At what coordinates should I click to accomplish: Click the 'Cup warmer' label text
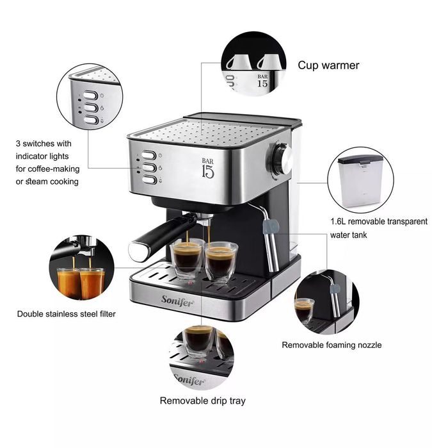[328, 65]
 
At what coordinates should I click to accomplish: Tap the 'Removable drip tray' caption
[202, 401]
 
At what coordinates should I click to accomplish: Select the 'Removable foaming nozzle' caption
[332, 345]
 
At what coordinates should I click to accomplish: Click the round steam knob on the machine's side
[281, 158]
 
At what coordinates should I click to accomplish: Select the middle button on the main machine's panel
[148, 167]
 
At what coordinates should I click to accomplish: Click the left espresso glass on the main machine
[187, 258]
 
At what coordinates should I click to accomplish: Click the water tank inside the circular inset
[360, 177]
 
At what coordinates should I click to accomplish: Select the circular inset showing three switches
[89, 99]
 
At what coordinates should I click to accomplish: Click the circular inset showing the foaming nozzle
[324, 300]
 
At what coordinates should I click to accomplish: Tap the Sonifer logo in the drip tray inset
[189, 381]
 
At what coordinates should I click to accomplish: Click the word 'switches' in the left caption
[44, 143]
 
